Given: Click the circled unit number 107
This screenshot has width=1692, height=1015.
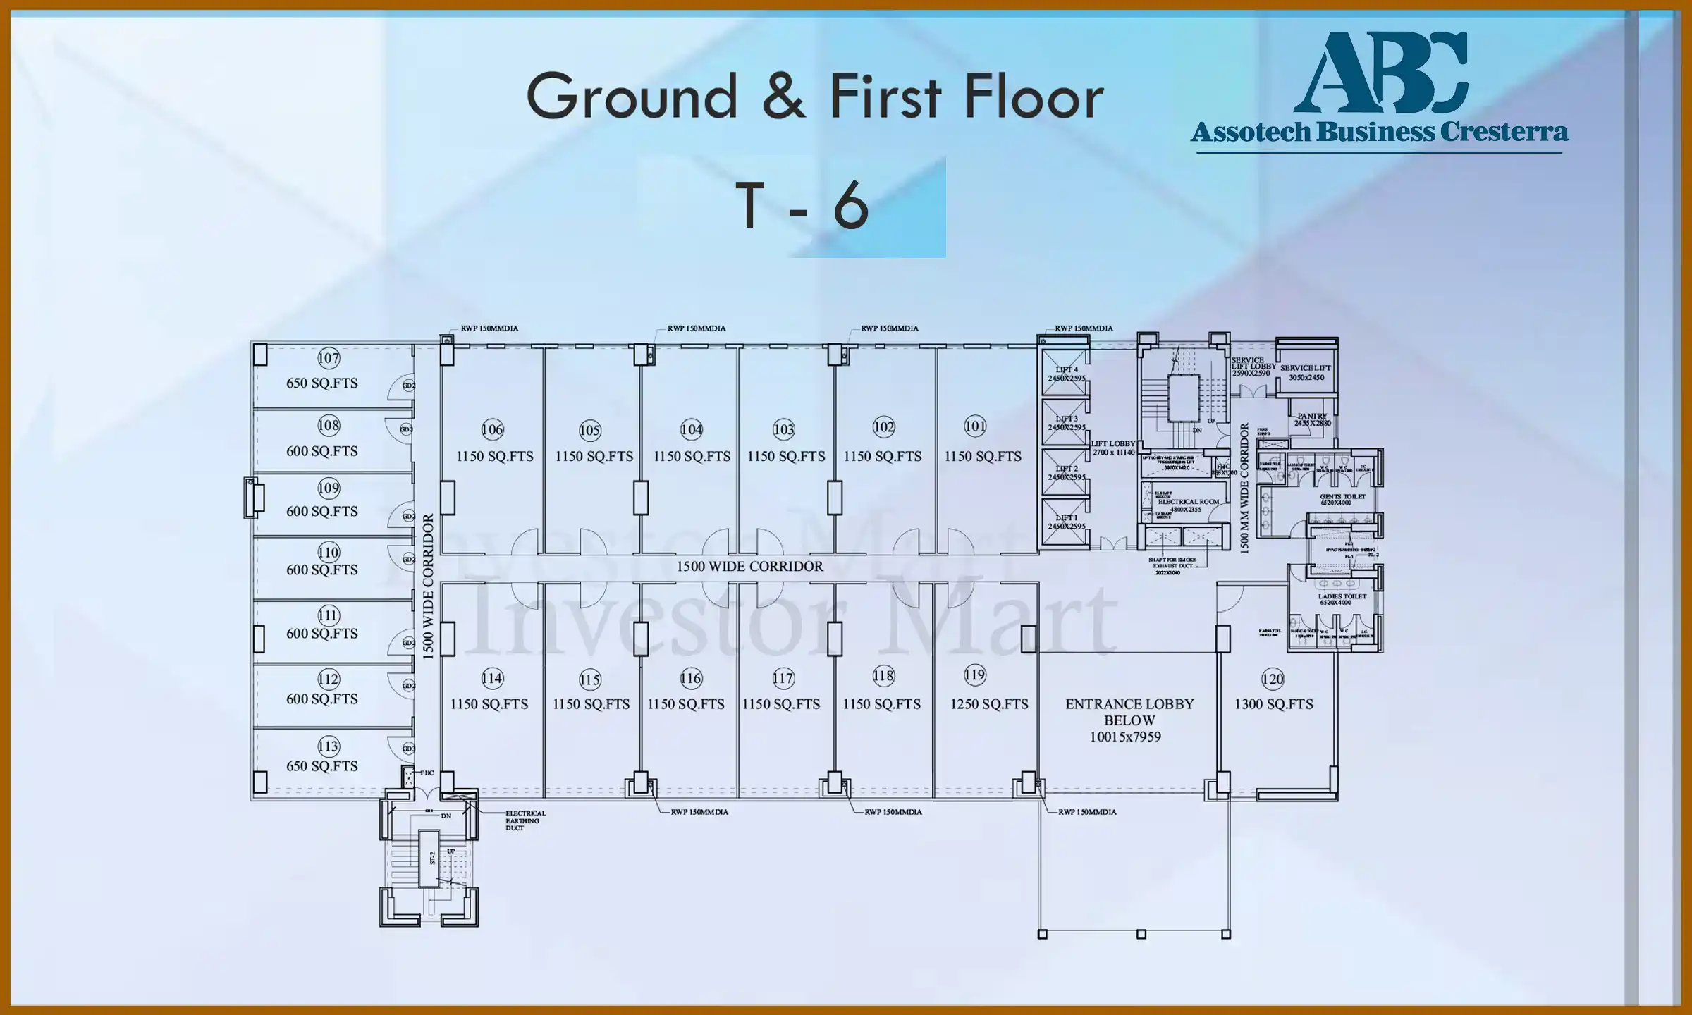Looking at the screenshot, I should pyautogui.click(x=329, y=358).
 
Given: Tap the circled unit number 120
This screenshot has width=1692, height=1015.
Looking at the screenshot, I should pyautogui.click(x=1273, y=679).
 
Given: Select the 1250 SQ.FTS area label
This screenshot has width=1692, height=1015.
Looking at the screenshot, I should pyautogui.click(x=989, y=704).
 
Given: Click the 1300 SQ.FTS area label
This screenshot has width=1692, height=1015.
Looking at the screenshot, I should pyautogui.click(x=1273, y=704).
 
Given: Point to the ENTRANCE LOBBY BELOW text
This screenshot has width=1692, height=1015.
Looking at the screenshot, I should pyautogui.click(x=1129, y=712).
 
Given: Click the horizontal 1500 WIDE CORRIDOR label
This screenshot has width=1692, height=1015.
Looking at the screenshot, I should pyautogui.click(x=749, y=567).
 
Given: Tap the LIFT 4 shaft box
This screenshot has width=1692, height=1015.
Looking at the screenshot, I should pyautogui.click(x=1065, y=374).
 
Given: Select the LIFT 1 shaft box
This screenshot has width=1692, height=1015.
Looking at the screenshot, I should pyautogui.click(x=1065, y=522).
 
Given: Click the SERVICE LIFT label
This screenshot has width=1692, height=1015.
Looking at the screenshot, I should pyautogui.click(x=1306, y=368).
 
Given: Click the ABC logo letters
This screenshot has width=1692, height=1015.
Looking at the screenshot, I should pyautogui.click(x=1380, y=73).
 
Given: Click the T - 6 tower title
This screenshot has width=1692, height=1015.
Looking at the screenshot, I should pyautogui.click(x=802, y=207).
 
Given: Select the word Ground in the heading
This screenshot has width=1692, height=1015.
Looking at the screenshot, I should pyautogui.click(x=632, y=97).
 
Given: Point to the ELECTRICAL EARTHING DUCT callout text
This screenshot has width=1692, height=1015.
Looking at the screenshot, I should pyautogui.click(x=525, y=820).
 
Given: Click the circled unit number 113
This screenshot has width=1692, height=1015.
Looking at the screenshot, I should pyautogui.click(x=329, y=746).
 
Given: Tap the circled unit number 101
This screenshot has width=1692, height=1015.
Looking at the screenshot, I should pyautogui.click(x=975, y=426).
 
